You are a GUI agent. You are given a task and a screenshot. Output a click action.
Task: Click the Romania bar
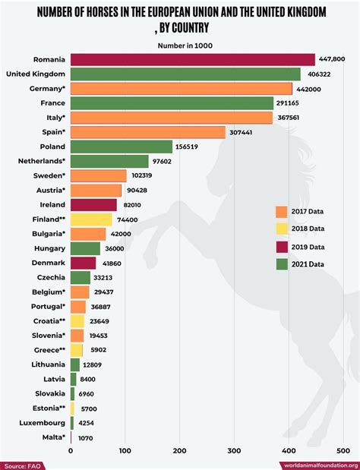[192, 59]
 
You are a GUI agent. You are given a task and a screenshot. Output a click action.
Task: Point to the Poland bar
[121, 147]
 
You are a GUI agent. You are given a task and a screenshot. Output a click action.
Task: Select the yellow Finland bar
[91, 219]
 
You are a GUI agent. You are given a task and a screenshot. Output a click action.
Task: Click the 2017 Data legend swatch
[280, 211]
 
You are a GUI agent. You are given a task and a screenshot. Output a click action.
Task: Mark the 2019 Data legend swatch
[280, 246]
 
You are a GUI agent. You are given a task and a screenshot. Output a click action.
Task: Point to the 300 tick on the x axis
[234, 449]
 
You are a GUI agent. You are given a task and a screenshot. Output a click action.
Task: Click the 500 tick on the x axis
[343, 449]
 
